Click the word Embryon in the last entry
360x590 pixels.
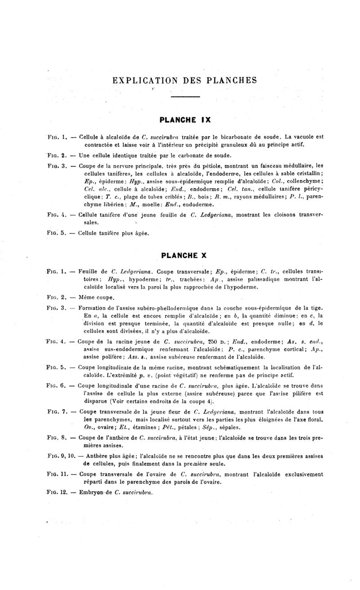tap(92, 492)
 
